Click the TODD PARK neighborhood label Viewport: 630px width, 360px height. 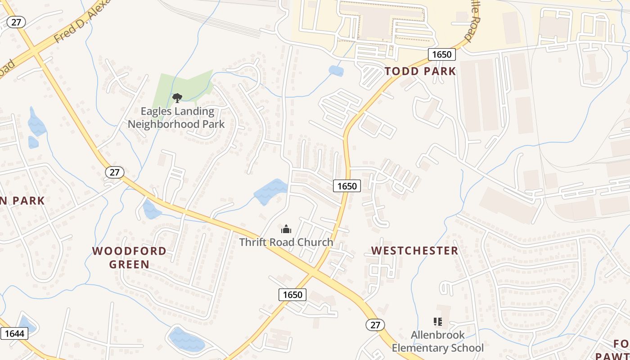click(x=420, y=71)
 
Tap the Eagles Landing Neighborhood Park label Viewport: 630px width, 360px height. click(x=176, y=117)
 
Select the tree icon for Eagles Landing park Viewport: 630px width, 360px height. click(x=177, y=98)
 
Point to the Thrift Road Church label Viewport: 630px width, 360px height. click(x=286, y=242)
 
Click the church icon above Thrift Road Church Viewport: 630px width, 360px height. click(x=286, y=229)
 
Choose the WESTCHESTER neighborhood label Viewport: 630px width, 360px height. click(x=414, y=251)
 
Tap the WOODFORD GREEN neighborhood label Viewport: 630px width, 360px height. click(x=129, y=257)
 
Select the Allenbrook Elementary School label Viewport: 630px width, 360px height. click(x=437, y=342)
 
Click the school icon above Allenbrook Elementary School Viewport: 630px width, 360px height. click(x=437, y=322)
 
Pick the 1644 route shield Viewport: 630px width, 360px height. click(x=14, y=333)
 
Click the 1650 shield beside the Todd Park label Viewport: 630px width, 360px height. click(x=441, y=54)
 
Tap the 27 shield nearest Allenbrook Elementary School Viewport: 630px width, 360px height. click(x=375, y=324)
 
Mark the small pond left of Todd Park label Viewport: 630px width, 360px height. click(x=336, y=71)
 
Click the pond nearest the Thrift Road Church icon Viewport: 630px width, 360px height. click(x=270, y=192)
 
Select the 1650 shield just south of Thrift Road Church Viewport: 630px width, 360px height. click(x=292, y=295)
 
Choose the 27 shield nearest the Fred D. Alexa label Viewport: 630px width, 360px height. click(x=16, y=22)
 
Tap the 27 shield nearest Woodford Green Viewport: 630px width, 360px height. click(x=115, y=172)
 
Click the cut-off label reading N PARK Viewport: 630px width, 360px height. click(x=22, y=201)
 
